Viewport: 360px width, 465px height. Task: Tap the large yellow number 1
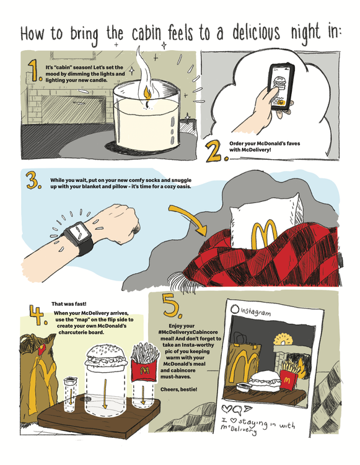(35, 71)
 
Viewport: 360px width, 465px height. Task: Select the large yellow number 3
(33, 181)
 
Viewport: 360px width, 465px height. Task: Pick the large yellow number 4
(38, 315)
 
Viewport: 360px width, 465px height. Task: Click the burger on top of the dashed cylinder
(106, 355)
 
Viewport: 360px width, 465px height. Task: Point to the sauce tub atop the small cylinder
(71, 380)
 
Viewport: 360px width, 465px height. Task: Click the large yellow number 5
(172, 306)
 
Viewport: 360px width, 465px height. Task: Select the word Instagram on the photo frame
(255, 311)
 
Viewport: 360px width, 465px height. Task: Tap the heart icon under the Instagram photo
(227, 409)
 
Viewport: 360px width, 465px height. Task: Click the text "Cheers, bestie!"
(178, 389)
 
